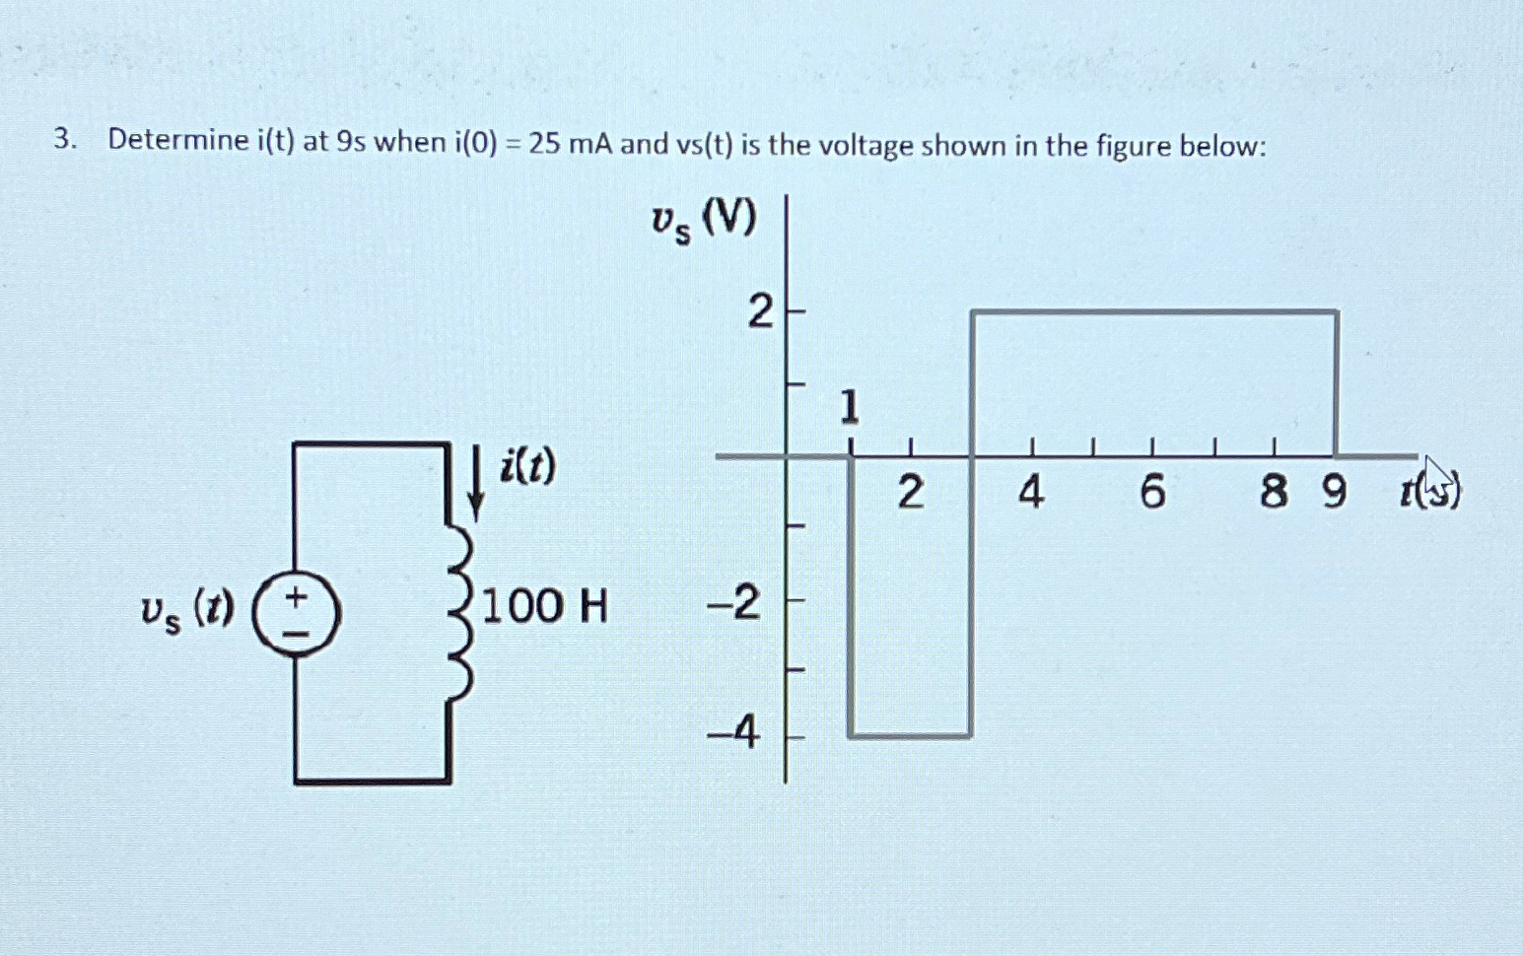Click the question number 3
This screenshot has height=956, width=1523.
coord(63,140)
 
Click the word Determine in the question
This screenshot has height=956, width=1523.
coord(178,141)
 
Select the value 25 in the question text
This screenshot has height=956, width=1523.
coord(543,144)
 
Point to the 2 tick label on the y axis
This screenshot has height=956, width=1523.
coord(760,313)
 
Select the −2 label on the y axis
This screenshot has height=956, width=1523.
coord(734,601)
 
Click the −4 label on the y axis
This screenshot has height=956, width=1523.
coord(733,732)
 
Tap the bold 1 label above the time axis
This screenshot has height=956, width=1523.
coord(849,407)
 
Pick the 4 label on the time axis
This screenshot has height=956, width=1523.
coord(1031,491)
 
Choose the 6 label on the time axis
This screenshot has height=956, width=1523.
coord(1152,491)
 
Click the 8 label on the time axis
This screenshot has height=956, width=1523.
coord(1273,491)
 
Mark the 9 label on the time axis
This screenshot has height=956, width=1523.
coord(1333,491)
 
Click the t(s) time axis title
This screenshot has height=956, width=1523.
coord(1430,489)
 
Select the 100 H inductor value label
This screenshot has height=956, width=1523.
coord(544,605)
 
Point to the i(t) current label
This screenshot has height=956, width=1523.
coord(527,465)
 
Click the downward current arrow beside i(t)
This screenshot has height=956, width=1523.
coord(475,482)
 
